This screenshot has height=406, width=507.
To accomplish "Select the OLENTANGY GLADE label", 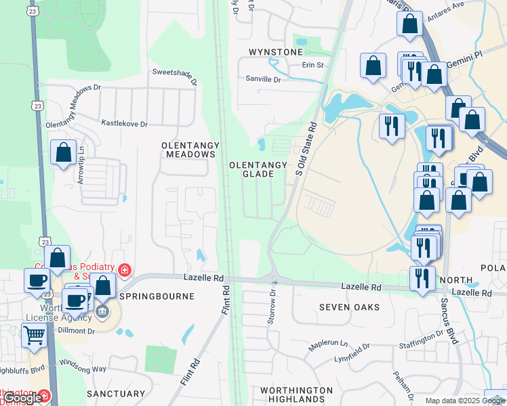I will [251, 169].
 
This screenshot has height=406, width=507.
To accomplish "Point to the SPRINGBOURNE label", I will [157, 296].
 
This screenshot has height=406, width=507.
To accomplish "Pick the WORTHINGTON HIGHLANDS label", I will [297, 395].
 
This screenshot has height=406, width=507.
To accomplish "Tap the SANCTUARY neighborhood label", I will [116, 393].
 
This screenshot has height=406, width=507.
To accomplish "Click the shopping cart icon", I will [35, 333].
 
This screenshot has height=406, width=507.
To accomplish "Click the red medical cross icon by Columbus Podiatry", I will [124, 271].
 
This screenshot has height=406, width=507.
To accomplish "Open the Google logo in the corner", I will [22, 398].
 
